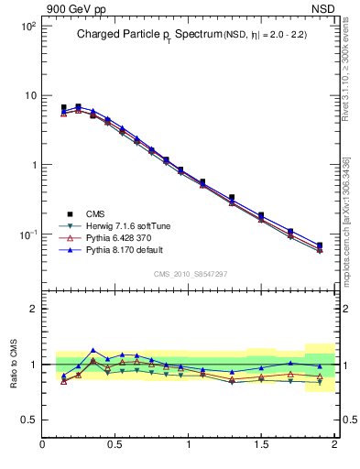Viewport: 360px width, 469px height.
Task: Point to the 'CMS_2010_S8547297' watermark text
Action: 189,274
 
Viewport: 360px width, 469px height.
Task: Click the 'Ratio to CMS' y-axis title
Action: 15,359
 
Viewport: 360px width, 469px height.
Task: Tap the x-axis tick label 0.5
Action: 115,446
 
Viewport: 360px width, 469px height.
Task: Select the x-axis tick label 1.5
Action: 261,446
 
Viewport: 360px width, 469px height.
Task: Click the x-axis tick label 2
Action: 334,446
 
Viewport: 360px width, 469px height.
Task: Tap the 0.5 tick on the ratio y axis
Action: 29,420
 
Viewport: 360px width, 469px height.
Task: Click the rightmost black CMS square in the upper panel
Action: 320,245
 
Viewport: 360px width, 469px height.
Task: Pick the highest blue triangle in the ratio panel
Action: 93,350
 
